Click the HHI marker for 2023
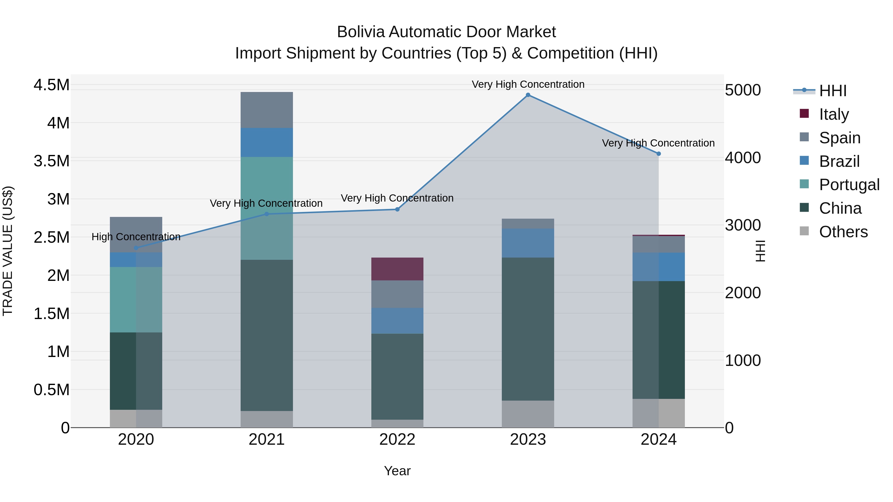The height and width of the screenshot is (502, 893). click(528, 95)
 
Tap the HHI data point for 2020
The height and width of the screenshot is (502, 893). click(136, 248)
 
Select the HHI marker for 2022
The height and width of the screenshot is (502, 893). click(397, 209)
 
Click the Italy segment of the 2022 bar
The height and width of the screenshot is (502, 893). click(397, 269)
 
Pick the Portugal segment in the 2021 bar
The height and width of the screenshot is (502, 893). click(267, 208)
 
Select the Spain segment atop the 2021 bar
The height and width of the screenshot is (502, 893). click(267, 110)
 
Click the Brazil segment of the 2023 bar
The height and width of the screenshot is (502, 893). click(528, 243)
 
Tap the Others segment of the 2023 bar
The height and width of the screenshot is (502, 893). click(528, 414)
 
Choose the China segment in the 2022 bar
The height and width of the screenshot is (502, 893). click(397, 376)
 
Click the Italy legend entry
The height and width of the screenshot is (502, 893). click(834, 114)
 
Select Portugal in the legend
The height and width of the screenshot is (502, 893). click(849, 185)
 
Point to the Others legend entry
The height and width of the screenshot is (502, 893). click(843, 232)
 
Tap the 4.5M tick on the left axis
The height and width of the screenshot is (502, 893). click(51, 85)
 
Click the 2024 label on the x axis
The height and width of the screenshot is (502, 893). click(658, 440)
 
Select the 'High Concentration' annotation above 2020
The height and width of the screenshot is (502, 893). click(136, 237)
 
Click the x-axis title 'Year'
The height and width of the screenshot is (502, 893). click(397, 471)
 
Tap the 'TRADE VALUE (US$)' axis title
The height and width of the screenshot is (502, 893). click(8, 251)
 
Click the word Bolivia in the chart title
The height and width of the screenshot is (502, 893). click(360, 32)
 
